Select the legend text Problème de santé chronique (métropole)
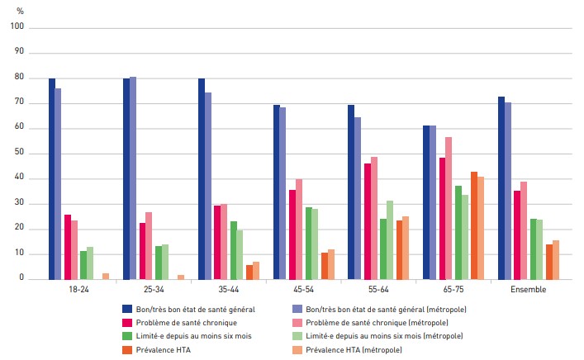click(382, 322)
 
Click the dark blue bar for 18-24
click(52, 178)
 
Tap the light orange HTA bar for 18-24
click(106, 276)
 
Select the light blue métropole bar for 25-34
click(133, 178)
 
